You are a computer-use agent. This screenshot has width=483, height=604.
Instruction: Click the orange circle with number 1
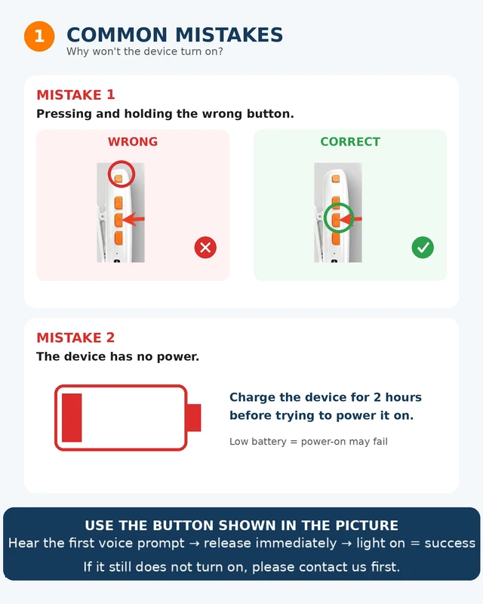[x=39, y=36]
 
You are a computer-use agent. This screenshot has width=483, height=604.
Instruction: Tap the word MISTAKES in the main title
[x=229, y=35]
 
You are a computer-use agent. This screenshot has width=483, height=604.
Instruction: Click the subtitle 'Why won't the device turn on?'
[x=144, y=51]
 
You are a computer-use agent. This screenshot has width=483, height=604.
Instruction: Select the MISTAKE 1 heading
[x=75, y=95]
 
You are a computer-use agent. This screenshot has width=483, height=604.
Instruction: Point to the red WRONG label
[x=133, y=142]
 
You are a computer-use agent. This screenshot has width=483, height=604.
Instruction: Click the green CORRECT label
[x=350, y=142]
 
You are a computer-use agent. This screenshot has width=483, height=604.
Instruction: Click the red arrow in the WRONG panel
[x=134, y=219]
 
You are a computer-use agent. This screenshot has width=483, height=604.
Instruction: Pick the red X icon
[x=205, y=248]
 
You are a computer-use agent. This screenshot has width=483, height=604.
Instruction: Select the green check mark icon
[x=423, y=248]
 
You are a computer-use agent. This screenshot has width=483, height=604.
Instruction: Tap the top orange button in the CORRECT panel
[x=336, y=179]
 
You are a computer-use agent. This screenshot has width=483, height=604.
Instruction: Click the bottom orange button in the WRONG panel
[x=118, y=238]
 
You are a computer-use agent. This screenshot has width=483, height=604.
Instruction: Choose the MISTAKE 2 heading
[x=75, y=337]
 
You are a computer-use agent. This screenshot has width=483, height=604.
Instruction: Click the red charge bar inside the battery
[x=72, y=418]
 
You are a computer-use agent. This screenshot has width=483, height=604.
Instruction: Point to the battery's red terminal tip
[x=194, y=418]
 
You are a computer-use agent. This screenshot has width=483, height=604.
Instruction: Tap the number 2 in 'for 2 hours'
[x=377, y=397]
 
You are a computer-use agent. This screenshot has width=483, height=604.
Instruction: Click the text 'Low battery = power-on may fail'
[x=309, y=442]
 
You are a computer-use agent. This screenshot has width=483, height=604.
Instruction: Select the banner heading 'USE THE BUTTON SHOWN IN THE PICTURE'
[x=241, y=525]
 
